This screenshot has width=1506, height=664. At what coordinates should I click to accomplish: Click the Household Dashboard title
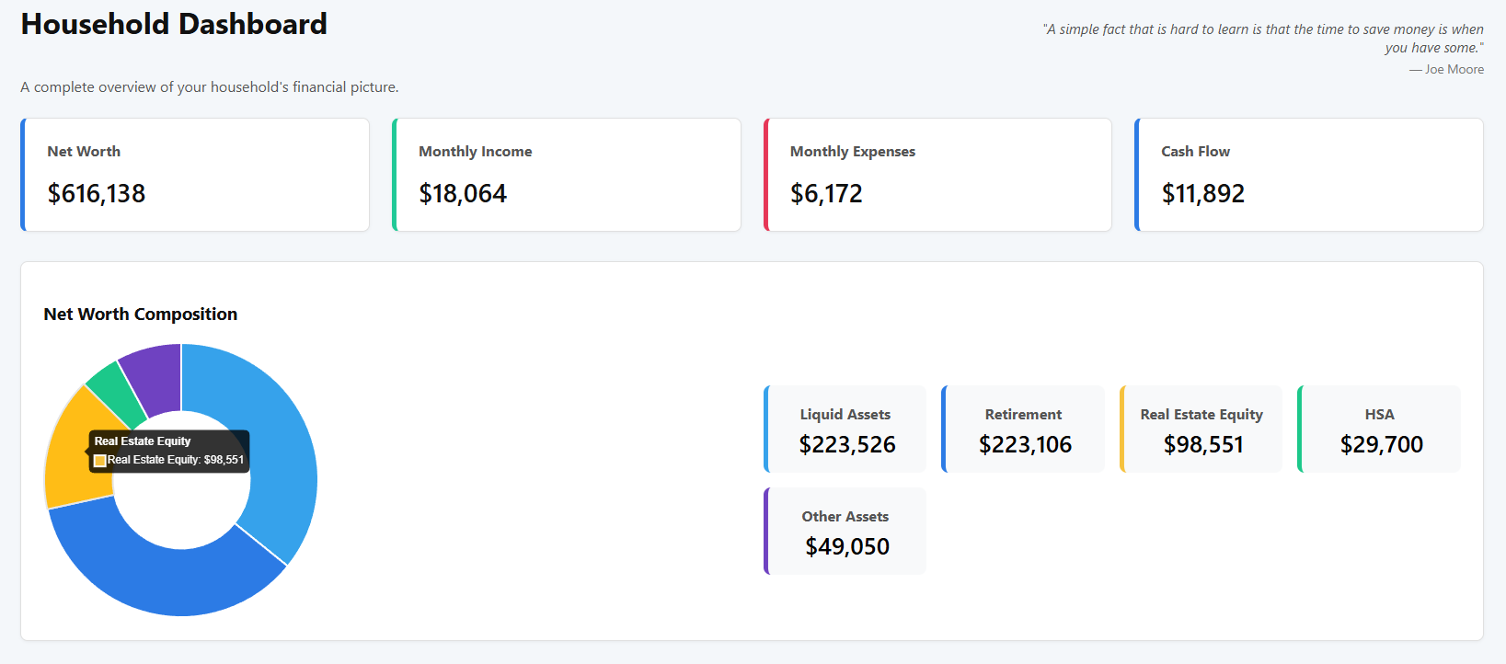point(174,24)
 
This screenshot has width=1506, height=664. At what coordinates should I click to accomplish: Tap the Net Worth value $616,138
point(97,194)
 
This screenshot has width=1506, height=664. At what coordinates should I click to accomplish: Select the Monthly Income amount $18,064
point(463,194)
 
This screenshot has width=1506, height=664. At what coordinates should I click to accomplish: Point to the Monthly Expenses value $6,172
point(826,194)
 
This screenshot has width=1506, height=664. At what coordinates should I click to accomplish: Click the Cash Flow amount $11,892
point(1202,194)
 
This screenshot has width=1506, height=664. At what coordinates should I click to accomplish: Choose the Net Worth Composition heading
point(141,315)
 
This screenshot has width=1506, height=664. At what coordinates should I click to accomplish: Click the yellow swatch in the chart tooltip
point(100,461)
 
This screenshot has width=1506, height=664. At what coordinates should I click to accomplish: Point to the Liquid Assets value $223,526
point(847,445)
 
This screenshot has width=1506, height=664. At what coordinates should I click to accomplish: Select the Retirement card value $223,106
point(1025,445)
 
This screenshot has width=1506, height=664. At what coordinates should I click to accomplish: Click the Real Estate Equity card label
point(1201,415)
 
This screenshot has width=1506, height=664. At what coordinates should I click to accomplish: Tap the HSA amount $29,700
point(1381,445)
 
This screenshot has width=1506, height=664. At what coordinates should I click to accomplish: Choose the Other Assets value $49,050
point(847,547)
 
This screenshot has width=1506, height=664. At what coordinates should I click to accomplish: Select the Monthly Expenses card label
point(853,152)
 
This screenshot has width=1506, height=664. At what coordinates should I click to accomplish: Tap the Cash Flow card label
point(1195,152)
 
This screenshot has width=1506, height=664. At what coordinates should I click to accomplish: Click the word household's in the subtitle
point(249,87)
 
